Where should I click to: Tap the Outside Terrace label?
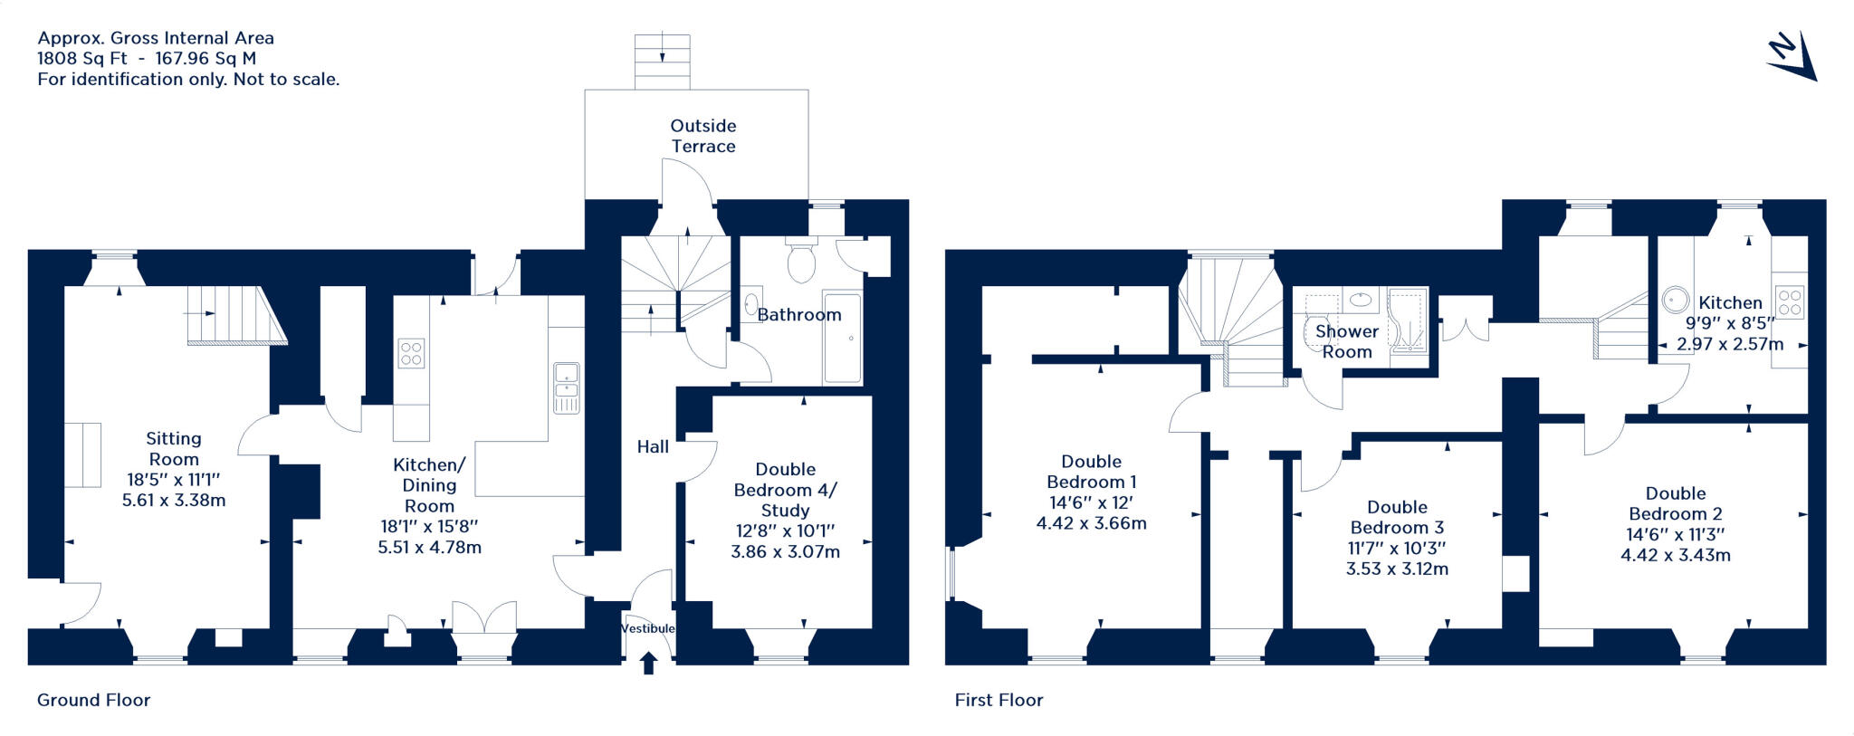[x=703, y=136]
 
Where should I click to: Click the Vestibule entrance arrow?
[x=648, y=664]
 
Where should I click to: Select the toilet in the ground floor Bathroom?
[x=802, y=259]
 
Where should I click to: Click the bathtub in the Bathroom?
[x=843, y=338]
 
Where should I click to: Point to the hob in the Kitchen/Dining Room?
[x=411, y=353]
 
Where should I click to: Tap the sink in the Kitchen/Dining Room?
[x=567, y=387]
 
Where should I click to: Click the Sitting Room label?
[x=174, y=448]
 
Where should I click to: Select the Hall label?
[x=653, y=446]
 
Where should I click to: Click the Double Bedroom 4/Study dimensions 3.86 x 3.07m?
[x=786, y=551]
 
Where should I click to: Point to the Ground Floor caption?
[x=93, y=700]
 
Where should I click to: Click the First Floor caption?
[x=999, y=700]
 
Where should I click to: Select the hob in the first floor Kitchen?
[x=1790, y=301]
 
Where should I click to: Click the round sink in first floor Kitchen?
[x=1676, y=300]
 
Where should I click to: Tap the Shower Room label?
[x=1347, y=341]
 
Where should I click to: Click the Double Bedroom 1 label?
[x=1092, y=472]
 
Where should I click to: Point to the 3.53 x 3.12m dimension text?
[x=1397, y=569]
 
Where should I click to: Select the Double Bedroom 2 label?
[x=1676, y=503]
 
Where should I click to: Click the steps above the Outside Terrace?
[x=663, y=62]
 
